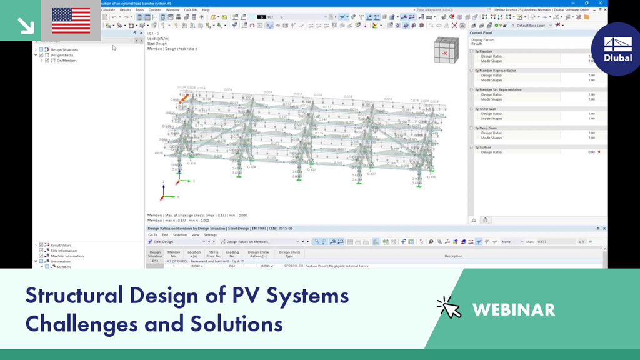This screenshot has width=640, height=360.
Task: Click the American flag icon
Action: point(71,20)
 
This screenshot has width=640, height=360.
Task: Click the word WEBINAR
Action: point(514,309)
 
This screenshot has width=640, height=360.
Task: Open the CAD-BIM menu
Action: point(190,10)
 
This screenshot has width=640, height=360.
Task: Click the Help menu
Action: point(206,10)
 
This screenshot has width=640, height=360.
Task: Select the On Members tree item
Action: point(66,61)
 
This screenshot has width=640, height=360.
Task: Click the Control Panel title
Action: point(482,32)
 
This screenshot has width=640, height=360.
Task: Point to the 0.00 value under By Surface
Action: point(591,152)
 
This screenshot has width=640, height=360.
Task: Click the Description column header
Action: point(453,256)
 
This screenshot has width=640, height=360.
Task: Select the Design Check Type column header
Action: point(289,254)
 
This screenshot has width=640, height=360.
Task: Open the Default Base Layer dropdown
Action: point(532,26)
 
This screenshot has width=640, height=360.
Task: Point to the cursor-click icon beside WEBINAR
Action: point(449,307)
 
